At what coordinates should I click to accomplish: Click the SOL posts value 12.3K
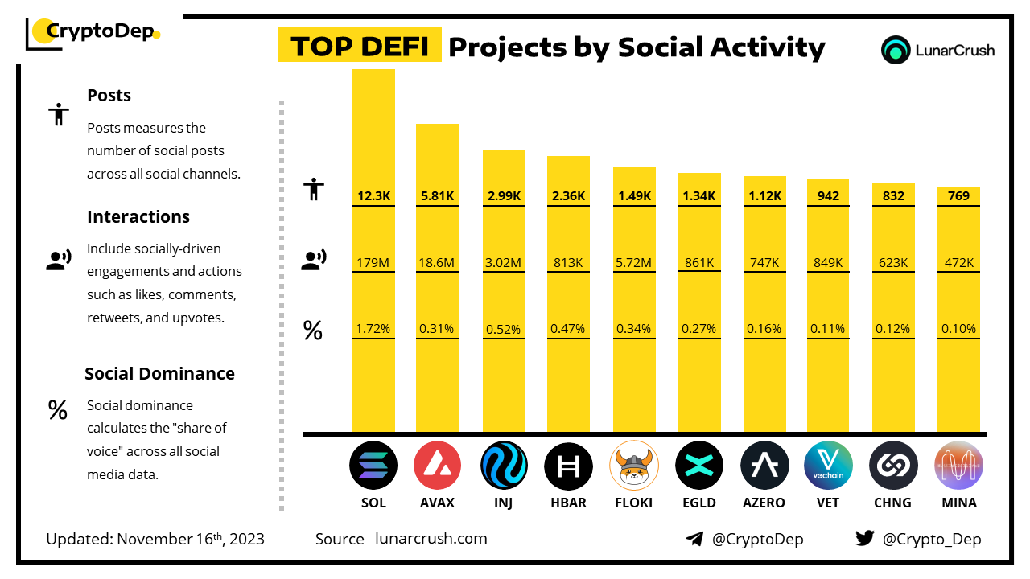373,195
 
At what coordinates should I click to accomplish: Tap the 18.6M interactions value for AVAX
437,262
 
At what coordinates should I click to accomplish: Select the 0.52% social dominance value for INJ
504,329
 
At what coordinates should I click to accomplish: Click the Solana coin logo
373,466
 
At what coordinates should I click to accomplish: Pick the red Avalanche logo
437,466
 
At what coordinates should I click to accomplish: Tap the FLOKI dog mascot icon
634,466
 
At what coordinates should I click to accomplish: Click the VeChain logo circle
828,466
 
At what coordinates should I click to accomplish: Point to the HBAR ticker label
568,503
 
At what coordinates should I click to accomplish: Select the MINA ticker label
958,503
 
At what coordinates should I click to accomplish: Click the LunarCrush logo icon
895,50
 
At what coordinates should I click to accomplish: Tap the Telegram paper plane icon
694,539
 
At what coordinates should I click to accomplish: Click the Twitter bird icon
865,539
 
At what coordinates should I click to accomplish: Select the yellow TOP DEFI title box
360,47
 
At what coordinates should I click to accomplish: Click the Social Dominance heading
159,373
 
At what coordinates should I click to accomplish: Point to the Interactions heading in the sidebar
138,216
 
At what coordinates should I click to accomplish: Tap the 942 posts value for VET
828,195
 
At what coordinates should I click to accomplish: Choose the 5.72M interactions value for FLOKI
634,262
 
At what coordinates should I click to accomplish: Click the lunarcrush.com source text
431,539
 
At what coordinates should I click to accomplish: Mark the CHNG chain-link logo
893,466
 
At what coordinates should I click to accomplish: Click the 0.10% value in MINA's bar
958,329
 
